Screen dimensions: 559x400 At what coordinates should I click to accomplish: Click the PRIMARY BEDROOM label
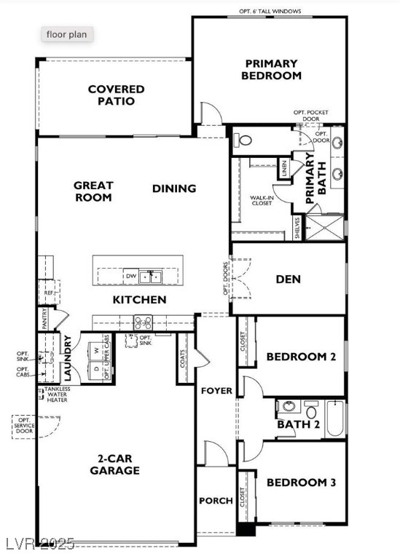271,69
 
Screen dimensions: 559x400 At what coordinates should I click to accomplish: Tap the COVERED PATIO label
116,95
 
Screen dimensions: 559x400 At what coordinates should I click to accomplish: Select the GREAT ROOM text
93,191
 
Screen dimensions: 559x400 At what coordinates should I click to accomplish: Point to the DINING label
174,189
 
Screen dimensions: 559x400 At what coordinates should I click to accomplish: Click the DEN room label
289,279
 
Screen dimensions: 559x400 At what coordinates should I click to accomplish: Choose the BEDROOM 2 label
300,357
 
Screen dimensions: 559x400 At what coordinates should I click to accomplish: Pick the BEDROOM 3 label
300,483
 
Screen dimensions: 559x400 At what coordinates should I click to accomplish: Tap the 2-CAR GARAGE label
114,464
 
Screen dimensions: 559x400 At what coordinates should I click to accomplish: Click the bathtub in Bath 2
334,418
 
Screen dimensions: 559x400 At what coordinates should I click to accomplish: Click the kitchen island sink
152,277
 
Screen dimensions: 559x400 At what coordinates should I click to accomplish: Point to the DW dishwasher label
130,277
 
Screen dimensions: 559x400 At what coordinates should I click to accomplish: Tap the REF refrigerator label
49,293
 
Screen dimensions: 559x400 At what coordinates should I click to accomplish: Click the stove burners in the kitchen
141,321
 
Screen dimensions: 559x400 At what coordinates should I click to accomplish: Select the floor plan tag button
66,34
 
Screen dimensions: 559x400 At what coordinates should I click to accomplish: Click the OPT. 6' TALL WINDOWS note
270,12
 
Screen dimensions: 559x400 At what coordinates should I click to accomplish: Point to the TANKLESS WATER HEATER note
58,394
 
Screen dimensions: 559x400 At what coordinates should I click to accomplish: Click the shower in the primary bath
323,228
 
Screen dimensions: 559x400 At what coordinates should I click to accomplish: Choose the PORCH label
216,501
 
